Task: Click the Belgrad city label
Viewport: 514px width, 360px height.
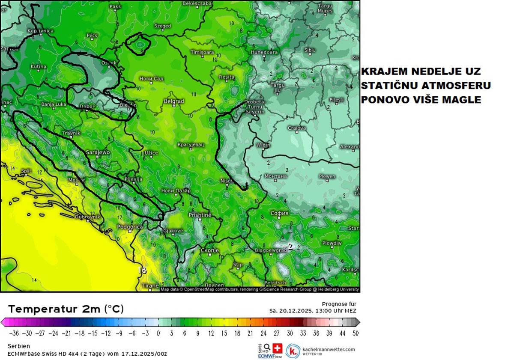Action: point(174,101)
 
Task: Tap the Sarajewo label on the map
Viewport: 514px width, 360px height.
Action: point(98,152)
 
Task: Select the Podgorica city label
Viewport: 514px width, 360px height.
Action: point(130,227)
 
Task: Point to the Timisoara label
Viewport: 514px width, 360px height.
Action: point(202,52)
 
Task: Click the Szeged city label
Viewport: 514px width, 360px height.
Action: point(163,26)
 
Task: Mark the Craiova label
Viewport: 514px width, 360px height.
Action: point(296,128)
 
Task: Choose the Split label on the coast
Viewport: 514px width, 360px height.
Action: point(27,171)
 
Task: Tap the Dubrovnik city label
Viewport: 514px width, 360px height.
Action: point(88,217)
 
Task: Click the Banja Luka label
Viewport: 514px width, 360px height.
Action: point(54,104)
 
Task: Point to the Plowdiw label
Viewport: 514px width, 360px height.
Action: point(332,243)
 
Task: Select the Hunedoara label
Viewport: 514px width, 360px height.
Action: point(264,52)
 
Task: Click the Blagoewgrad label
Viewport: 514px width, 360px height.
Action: point(270,250)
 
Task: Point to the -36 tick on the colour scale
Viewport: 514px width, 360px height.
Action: point(14,333)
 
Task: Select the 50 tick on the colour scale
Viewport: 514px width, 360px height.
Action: point(355,333)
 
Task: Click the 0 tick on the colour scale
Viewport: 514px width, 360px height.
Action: point(158,333)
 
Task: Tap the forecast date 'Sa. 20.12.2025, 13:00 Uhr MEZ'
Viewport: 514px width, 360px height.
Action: point(313,311)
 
